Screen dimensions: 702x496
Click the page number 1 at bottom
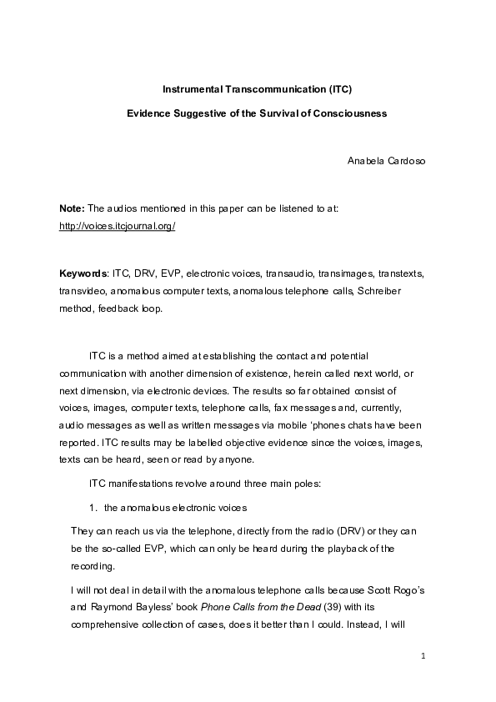coord(423,657)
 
